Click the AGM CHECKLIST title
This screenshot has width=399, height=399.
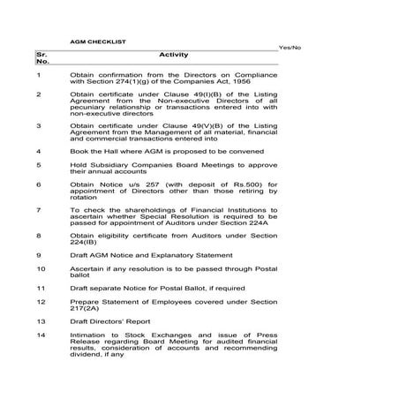pyautogui.click(x=98, y=41)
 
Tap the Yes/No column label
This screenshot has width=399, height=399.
pyautogui.click(x=290, y=47)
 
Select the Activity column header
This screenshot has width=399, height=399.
pyautogui.click(x=174, y=55)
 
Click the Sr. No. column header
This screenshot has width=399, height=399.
pyautogui.click(x=42, y=59)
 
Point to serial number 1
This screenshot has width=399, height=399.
pyautogui.click(x=38, y=76)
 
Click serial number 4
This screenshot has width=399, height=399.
pyautogui.click(x=38, y=151)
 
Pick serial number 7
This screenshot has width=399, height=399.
pyautogui.click(x=38, y=210)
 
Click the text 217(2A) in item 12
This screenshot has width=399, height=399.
pyautogui.click(x=86, y=310)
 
